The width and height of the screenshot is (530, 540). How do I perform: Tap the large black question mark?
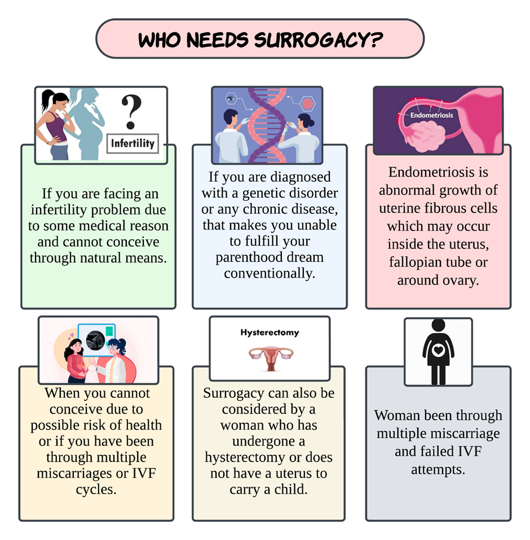tap(131, 112)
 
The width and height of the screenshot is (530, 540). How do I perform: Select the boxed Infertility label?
tap(132, 143)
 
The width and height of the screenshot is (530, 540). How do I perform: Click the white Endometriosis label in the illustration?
tap(431, 115)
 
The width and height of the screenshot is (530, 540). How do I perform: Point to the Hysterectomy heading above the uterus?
tap(270, 332)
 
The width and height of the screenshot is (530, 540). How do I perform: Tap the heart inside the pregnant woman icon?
tap(438, 350)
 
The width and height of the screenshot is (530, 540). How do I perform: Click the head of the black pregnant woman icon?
tap(438, 326)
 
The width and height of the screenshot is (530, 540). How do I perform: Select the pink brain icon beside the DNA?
tap(307, 104)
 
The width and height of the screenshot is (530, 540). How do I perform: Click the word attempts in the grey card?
tap(438, 469)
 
